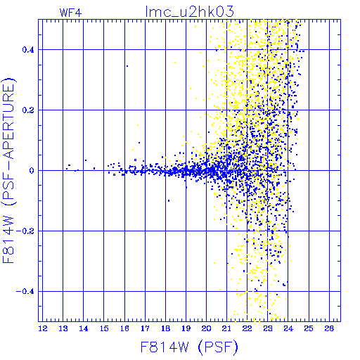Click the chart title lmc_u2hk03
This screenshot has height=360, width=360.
[190, 12]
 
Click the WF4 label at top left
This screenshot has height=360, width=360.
[70, 13]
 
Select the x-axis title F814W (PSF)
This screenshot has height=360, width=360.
[189, 347]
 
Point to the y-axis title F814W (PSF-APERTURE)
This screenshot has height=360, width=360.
[9, 170]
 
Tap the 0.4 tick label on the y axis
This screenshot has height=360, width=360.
[28, 50]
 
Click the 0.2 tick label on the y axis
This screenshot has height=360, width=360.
[28, 110]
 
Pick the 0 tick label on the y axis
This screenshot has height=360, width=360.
[32, 171]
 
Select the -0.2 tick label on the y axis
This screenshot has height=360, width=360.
[25, 231]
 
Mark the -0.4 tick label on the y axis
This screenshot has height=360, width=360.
[25, 292]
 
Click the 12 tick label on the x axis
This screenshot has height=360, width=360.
[43, 328]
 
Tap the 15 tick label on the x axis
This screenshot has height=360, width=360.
[104, 328]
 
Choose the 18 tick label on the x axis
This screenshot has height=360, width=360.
[165, 328]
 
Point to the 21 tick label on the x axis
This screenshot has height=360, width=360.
[226, 328]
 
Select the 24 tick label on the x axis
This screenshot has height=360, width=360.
[288, 328]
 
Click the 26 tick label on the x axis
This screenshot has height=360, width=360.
[329, 328]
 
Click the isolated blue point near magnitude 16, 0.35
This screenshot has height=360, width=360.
[127, 66]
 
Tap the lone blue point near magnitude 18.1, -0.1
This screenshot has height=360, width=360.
[169, 201]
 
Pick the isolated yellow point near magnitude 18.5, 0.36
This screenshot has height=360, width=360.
[175, 63]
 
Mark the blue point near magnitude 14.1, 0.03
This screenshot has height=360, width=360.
[86, 160]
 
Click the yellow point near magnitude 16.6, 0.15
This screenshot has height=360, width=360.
[138, 125]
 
